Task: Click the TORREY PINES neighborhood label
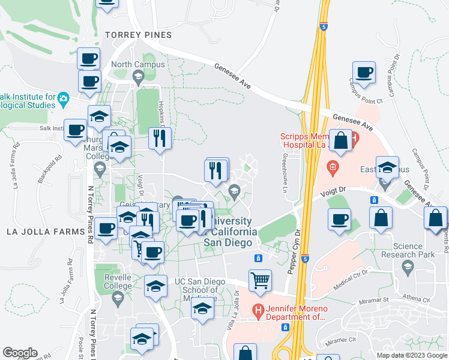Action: (x=138, y=35)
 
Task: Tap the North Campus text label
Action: (x=129, y=65)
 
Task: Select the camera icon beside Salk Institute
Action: (x=63, y=98)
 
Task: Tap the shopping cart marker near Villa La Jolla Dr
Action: (x=260, y=280)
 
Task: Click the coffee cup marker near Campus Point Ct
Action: (x=364, y=73)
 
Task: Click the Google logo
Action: (x=20, y=353)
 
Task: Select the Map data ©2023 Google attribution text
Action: (x=412, y=355)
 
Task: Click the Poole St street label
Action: (x=81, y=347)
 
